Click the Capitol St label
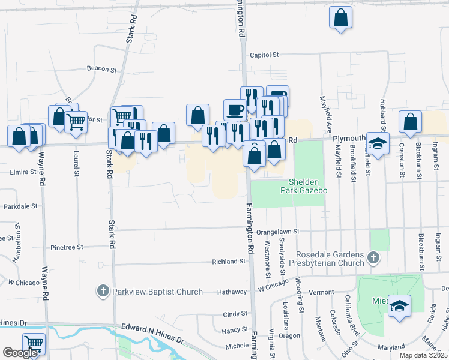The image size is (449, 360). [x=265, y=54]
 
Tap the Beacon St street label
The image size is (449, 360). [x=101, y=70]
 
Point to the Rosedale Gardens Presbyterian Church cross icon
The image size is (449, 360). [x=373, y=259]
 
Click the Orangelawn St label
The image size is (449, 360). [x=277, y=231]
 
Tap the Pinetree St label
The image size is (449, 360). [x=67, y=247]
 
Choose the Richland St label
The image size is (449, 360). [x=229, y=262]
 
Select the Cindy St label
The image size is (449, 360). [x=235, y=314]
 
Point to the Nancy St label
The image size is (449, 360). [x=235, y=329]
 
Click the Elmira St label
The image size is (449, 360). [x=24, y=172]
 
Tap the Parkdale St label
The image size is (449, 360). [x=21, y=206]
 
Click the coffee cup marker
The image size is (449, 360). [x=235, y=110]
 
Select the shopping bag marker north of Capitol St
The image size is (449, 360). [x=340, y=18]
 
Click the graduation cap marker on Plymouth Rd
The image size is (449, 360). [x=378, y=144]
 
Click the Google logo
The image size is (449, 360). [x=20, y=353]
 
